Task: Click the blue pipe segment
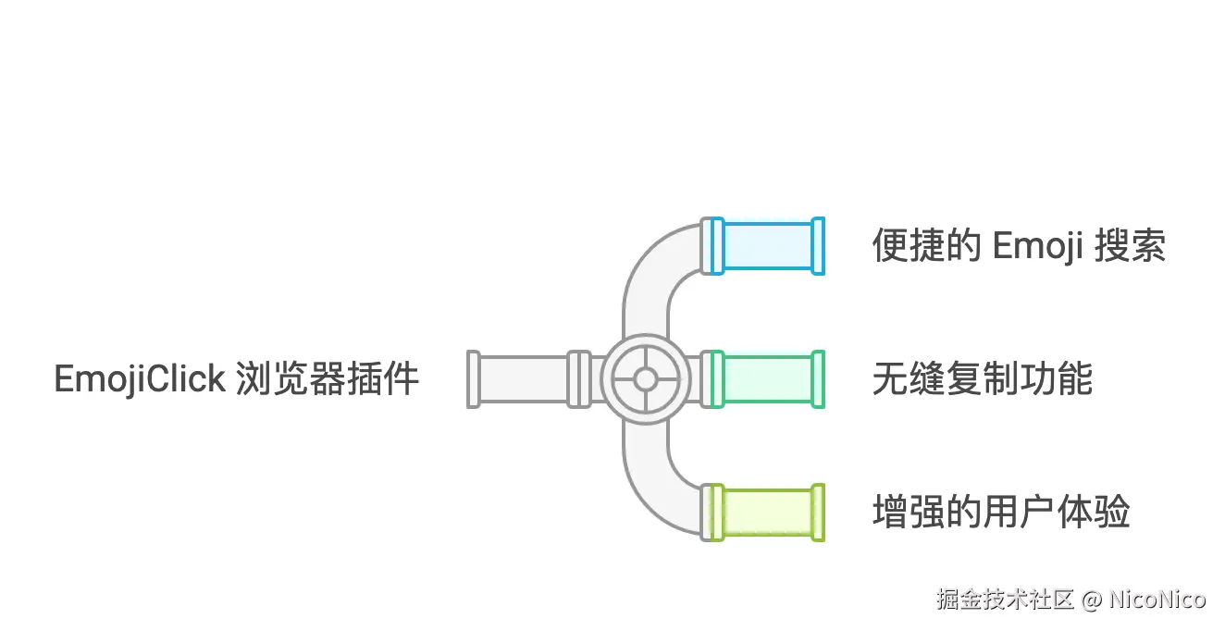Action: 768,246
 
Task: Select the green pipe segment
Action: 768,379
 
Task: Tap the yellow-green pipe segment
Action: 768,512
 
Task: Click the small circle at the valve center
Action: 646,379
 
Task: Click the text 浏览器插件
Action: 328,379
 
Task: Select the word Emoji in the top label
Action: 1037,247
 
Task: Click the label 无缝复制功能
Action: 983,379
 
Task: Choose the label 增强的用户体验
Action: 1001,512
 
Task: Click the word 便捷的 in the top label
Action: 926,247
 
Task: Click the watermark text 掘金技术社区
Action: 1005,599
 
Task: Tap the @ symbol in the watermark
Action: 1091,600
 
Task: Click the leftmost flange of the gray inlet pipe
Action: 474,379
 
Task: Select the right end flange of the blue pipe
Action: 817,246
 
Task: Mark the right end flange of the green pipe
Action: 817,379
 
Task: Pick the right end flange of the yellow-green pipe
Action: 817,512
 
